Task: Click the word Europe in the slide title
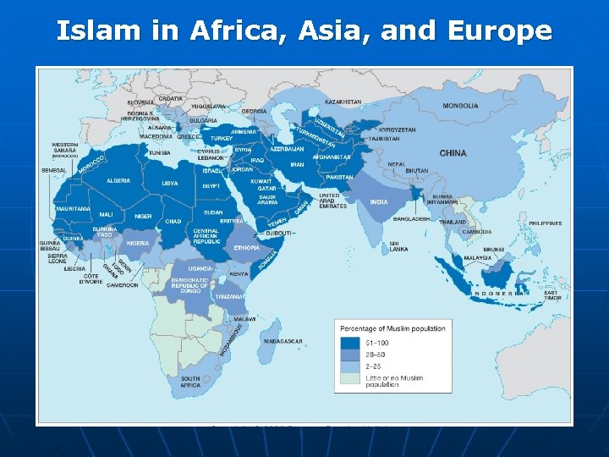click(x=502, y=31)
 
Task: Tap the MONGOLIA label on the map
click(x=460, y=106)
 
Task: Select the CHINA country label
click(x=453, y=153)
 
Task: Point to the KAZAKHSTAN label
click(x=343, y=102)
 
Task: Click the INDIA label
click(x=379, y=202)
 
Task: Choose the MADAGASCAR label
click(x=283, y=341)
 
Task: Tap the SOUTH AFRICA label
click(x=190, y=382)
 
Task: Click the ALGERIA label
click(x=118, y=180)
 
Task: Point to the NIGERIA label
click(x=138, y=243)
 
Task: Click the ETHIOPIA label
click(x=247, y=248)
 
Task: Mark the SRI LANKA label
click(x=399, y=246)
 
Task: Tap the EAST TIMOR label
click(x=552, y=295)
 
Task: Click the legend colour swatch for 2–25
click(x=351, y=366)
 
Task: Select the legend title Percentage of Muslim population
click(x=392, y=328)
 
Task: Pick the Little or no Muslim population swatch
click(x=351, y=378)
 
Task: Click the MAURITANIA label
click(x=74, y=208)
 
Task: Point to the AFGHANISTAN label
click(x=331, y=157)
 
